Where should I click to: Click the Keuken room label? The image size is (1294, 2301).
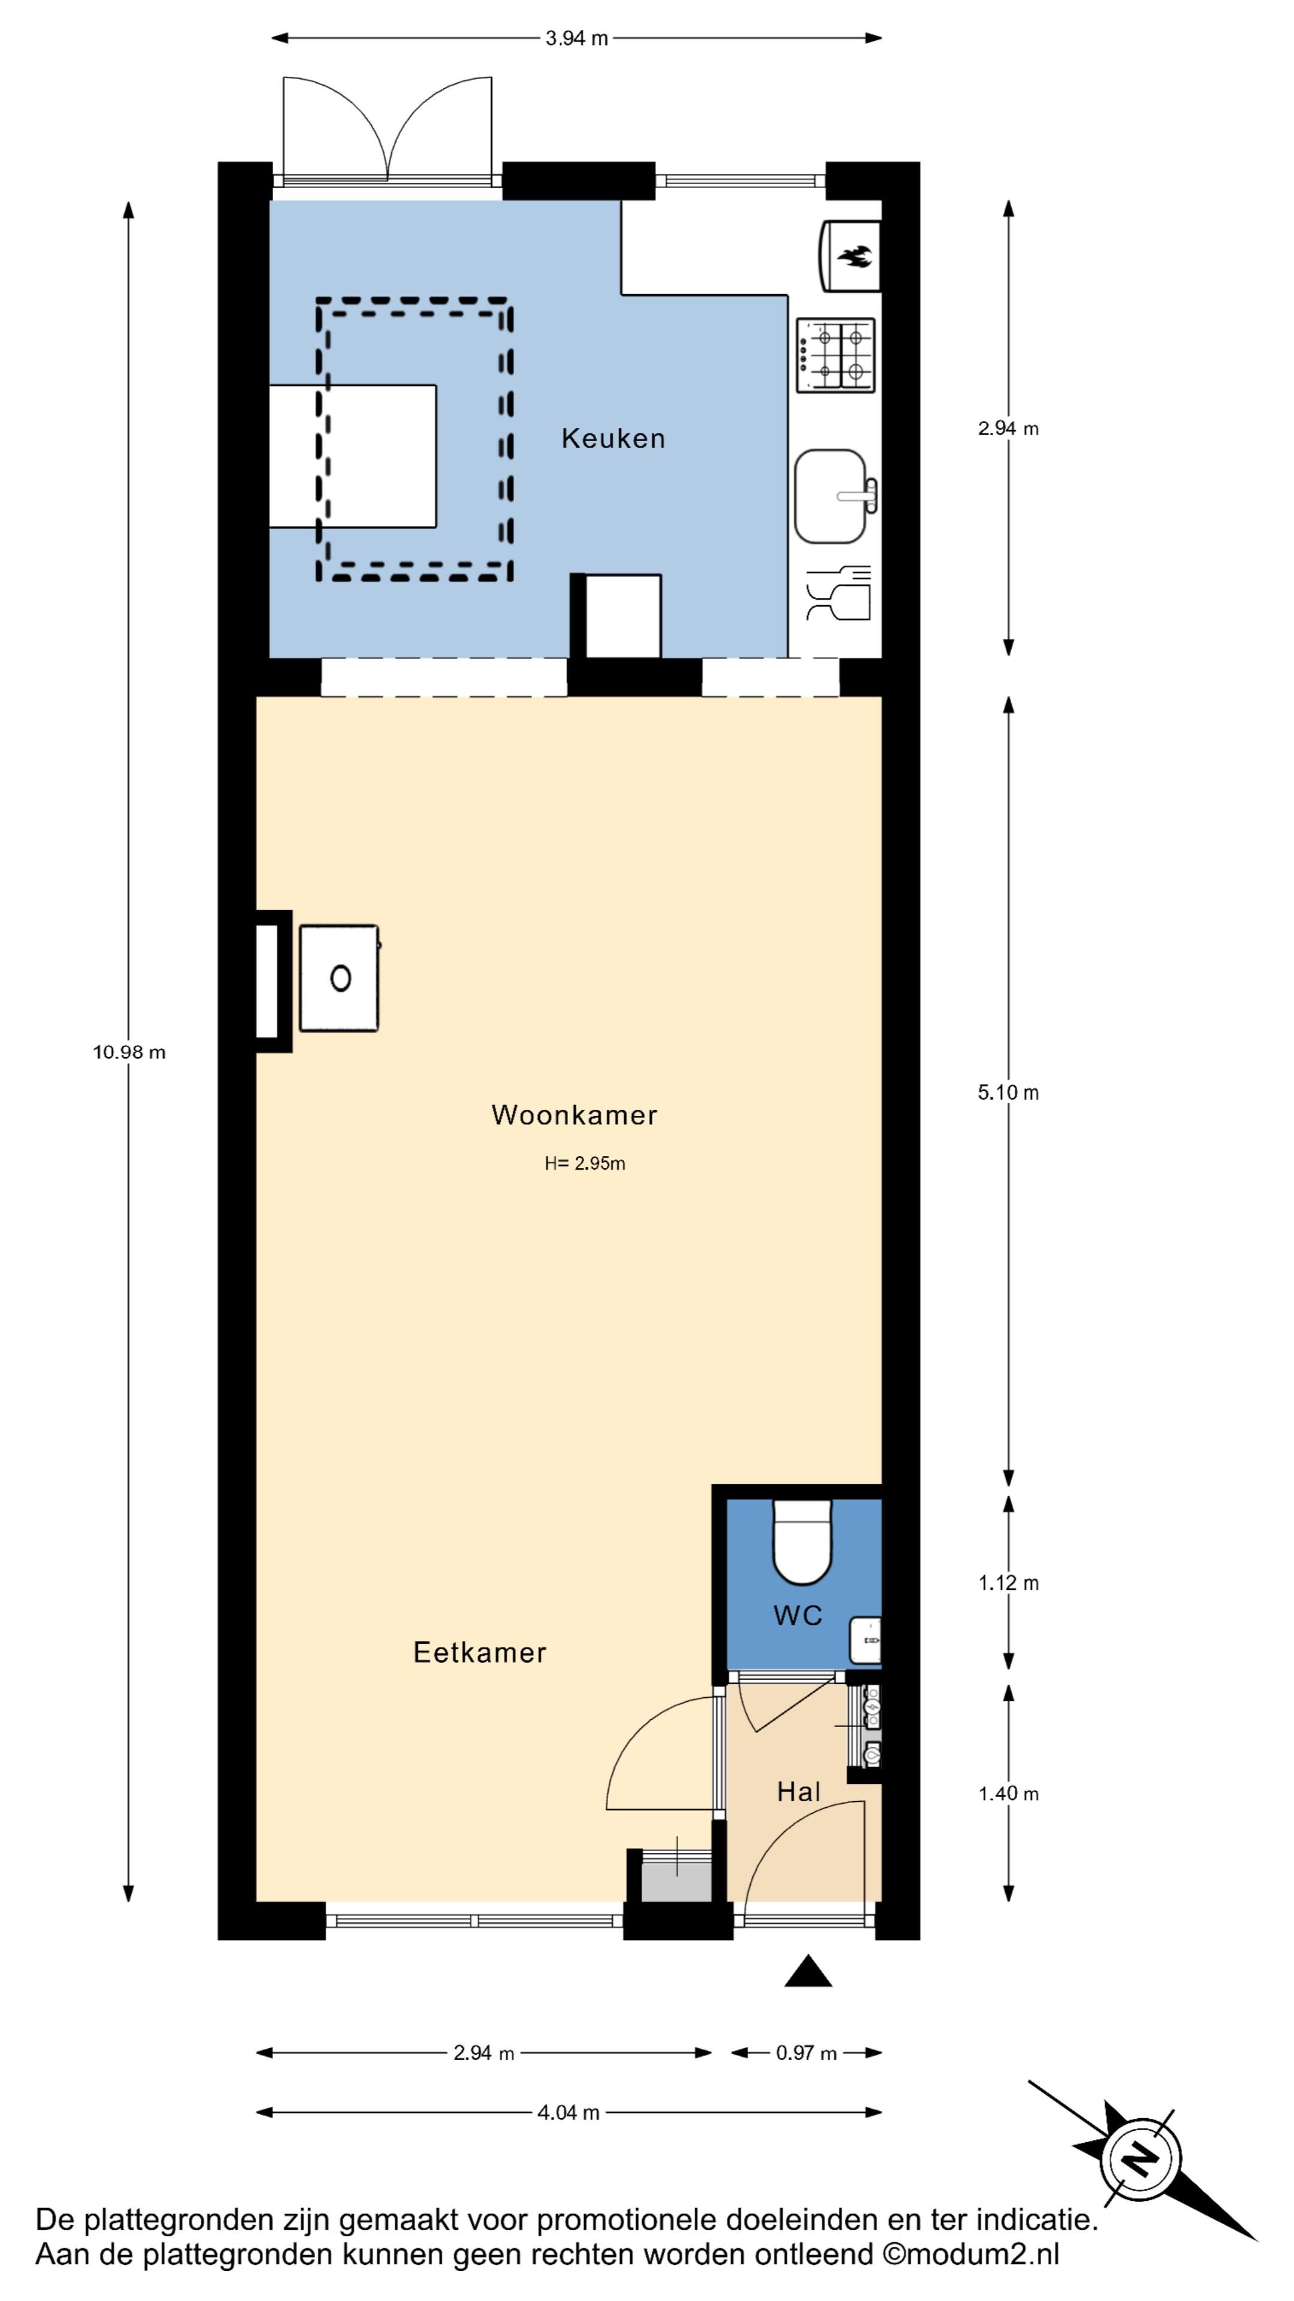[613, 439]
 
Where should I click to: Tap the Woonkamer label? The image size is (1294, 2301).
[575, 1115]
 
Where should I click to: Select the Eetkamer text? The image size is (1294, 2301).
[479, 1653]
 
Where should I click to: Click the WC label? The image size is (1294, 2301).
[797, 1615]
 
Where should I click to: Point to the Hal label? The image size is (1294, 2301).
[799, 1792]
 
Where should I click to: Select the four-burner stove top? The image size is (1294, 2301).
[835, 355]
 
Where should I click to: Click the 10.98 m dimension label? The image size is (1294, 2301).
[129, 1052]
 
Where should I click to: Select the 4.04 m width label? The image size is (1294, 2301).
[568, 2112]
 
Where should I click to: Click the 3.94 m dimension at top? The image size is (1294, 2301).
[576, 38]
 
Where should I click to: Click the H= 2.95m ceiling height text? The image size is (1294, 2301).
[585, 1163]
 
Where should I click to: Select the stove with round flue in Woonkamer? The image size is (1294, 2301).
[338, 978]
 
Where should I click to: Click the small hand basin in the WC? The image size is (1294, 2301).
[865, 1640]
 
